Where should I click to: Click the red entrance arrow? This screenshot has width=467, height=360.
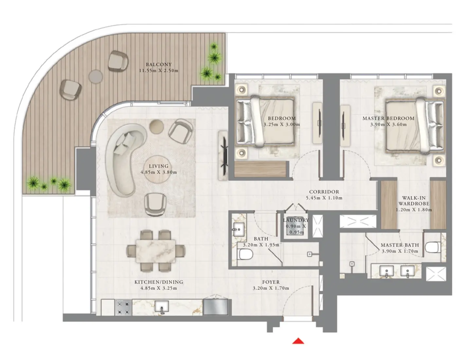point(298,341)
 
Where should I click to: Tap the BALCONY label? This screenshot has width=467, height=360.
point(159,64)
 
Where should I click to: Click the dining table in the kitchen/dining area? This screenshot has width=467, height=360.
point(156,250)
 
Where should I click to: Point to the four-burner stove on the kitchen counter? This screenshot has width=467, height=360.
point(123,308)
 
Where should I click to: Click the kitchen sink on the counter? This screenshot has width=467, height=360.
point(162,307)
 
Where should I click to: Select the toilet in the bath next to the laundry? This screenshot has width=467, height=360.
point(245,254)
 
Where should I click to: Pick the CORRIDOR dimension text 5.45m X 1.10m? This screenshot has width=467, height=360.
point(324,198)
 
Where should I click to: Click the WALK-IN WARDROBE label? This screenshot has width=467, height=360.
point(414,201)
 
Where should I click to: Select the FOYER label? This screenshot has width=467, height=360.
point(271,282)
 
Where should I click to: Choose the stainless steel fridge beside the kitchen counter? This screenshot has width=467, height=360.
point(215,307)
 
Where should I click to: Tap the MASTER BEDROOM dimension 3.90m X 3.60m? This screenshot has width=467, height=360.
point(388,124)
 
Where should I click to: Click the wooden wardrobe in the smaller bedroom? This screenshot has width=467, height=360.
point(261,169)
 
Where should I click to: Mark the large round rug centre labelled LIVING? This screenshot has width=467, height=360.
point(159,170)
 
